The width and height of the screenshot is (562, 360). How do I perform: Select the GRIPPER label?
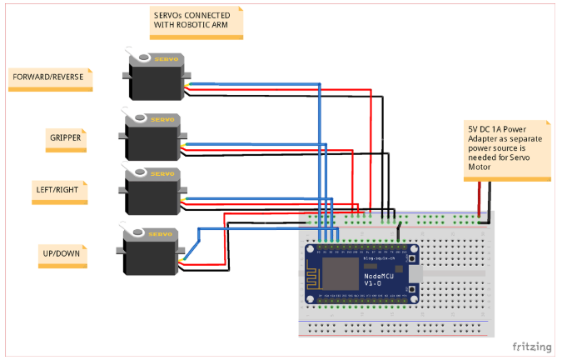pos(65,137)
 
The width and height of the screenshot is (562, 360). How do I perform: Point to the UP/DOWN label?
pos(62,251)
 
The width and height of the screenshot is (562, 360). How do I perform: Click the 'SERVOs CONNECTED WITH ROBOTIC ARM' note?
pos(196,23)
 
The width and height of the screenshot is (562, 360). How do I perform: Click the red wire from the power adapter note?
pos(479,200)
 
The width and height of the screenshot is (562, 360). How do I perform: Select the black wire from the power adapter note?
pos(490,200)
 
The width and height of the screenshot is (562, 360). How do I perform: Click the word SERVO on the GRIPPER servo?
pos(162,120)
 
